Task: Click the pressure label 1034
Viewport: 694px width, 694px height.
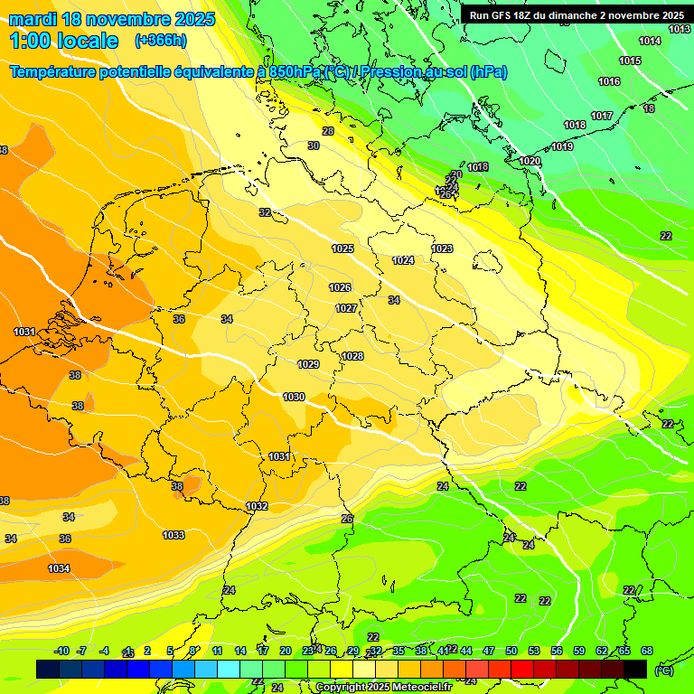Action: tap(59, 568)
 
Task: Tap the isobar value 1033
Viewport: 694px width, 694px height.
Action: tap(173, 535)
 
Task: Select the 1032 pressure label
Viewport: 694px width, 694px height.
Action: tap(257, 507)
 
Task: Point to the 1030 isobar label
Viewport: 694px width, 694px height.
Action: tap(294, 397)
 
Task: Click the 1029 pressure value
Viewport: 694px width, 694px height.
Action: tap(308, 364)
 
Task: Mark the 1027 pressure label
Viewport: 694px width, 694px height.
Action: tap(346, 308)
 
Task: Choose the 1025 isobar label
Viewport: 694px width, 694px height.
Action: tap(342, 249)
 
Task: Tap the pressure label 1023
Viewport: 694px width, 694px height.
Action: tap(442, 249)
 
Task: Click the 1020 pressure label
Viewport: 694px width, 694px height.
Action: tap(530, 161)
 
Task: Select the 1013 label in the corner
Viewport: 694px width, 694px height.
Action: tap(680, 30)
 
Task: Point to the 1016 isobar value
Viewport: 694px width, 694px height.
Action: tap(609, 81)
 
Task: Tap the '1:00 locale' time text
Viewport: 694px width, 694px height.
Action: tap(63, 41)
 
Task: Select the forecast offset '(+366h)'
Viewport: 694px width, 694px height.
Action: tap(161, 41)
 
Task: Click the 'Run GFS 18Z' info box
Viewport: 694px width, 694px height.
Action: tap(576, 15)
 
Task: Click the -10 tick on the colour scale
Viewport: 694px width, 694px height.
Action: tap(62, 651)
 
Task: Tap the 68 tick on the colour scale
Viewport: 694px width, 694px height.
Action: tap(646, 651)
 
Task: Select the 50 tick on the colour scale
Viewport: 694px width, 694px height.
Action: tap(511, 651)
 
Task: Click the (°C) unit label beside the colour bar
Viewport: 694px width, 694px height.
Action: tap(663, 670)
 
